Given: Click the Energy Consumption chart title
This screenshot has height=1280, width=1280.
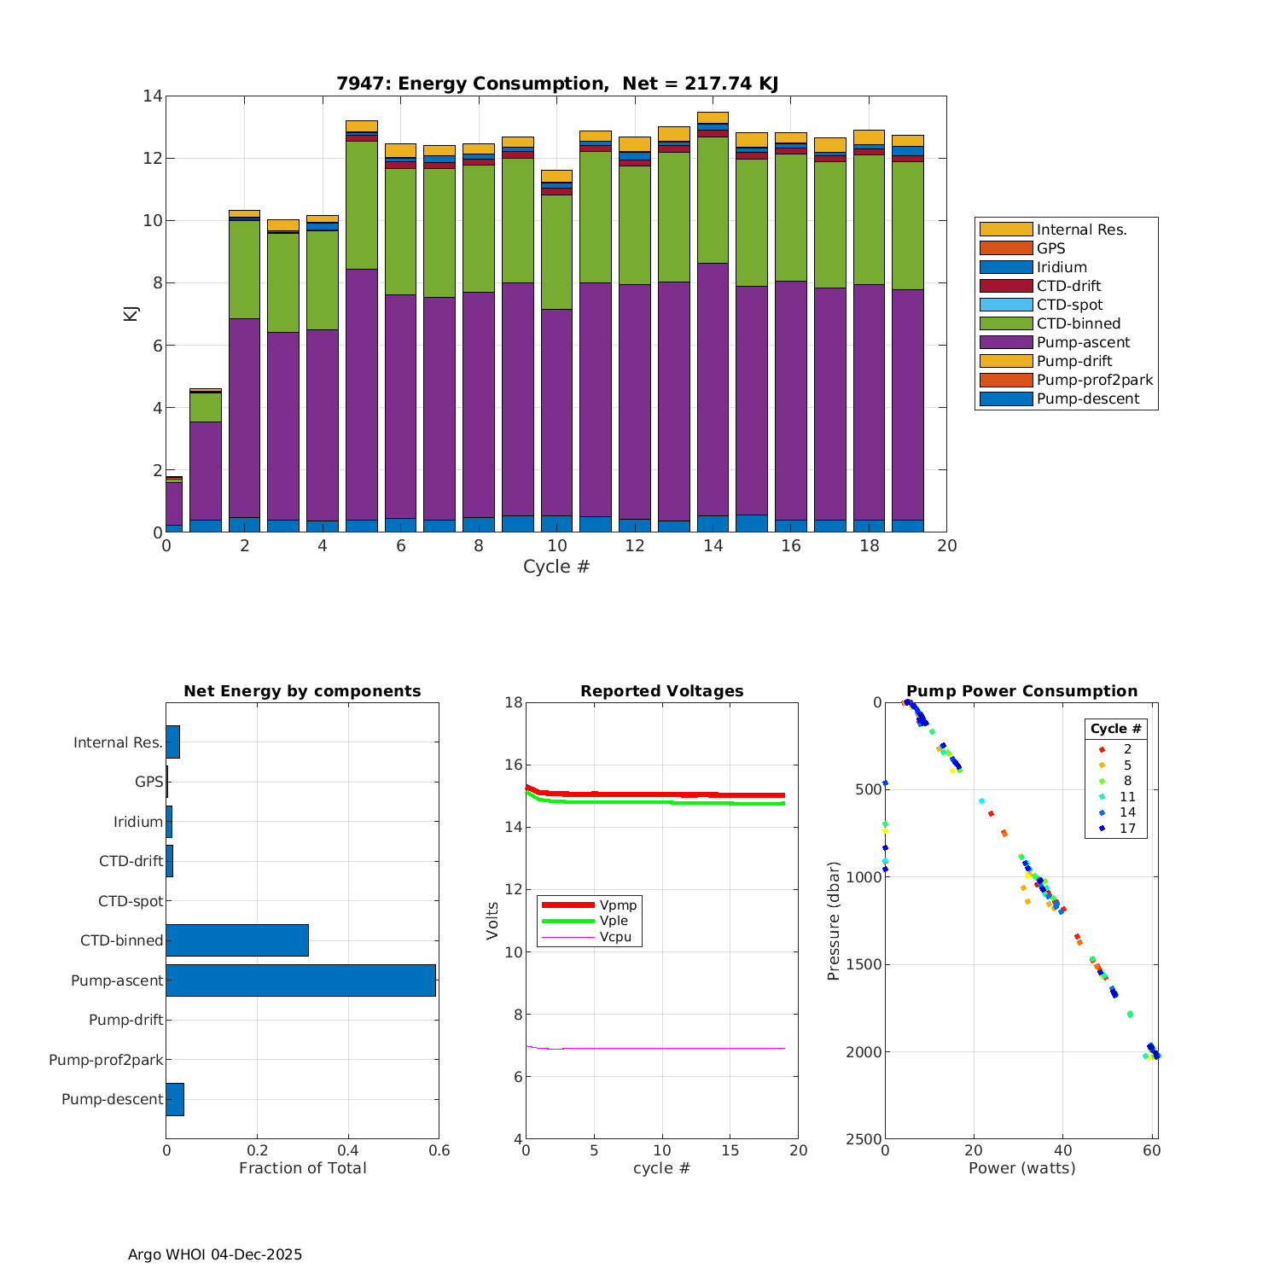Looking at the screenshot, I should [x=556, y=84].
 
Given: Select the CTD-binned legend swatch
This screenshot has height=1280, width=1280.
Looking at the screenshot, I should [x=1005, y=323].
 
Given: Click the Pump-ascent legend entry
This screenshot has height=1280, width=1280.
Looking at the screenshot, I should [x=1083, y=342].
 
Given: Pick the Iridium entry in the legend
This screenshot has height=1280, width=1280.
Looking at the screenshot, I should [x=1062, y=267].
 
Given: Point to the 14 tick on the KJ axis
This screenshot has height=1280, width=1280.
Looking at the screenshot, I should [x=153, y=96].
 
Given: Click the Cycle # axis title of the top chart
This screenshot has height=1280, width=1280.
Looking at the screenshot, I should [x=556, y=567].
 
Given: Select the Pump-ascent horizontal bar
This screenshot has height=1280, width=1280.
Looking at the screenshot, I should [x=300, y=980].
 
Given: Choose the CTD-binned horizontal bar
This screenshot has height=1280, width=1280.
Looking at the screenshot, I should [x=237, y=940].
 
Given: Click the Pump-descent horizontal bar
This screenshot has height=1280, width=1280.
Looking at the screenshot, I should [x=175, y=1099].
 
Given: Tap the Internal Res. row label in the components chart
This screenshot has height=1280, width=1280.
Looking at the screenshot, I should [x=118, y=742].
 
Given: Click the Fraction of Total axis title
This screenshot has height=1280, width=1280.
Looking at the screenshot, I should [x=302, y=1168].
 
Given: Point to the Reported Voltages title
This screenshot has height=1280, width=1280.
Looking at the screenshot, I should [x=661, y=691].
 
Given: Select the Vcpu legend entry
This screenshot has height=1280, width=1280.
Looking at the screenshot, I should [x=615, y=937].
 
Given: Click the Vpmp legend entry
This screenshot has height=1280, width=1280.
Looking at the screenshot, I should [x=618, y=905].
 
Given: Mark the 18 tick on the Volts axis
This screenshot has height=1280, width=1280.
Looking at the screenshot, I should [x=513, y=702].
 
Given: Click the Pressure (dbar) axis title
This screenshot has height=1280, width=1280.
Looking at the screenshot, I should [x=834, y=920].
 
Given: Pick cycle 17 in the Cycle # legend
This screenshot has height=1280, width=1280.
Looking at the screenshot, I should [x=1127, y=829].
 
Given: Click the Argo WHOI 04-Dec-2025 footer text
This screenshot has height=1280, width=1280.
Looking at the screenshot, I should [x=215, y=1254].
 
